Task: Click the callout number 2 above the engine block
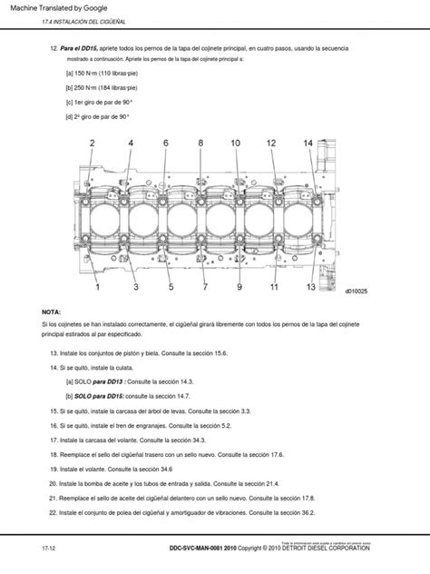[x=93, y=143]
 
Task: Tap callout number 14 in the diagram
[x=308, y=143]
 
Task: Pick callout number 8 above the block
[x=165, y=143]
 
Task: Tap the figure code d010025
[x=355, y=292]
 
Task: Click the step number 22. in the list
[x=54, y=515]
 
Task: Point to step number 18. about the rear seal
[x=54, y=453]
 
